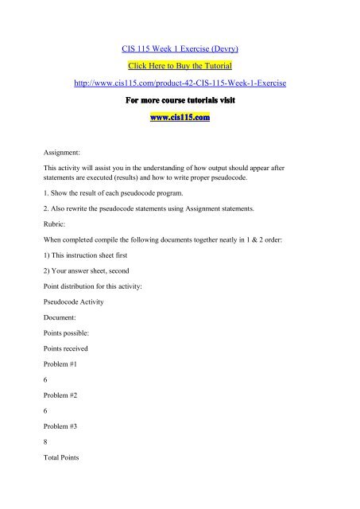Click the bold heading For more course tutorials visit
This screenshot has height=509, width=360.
[180, 104]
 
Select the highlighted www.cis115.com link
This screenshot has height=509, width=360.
[180, 121]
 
